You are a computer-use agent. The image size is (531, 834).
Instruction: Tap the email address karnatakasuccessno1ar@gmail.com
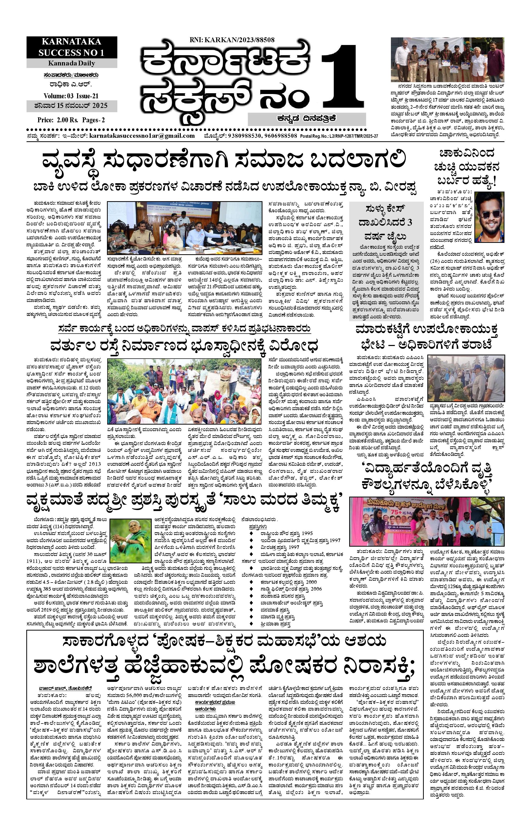click(x=142, y=136)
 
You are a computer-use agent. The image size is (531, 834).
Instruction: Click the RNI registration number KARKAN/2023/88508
click(x=232, y=40)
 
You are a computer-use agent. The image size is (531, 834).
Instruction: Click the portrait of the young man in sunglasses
click(x=490, y=217)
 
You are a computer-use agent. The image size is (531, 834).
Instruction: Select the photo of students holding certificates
click(x=447, y=59)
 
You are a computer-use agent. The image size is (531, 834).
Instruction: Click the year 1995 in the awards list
click(x=306, y=533)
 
